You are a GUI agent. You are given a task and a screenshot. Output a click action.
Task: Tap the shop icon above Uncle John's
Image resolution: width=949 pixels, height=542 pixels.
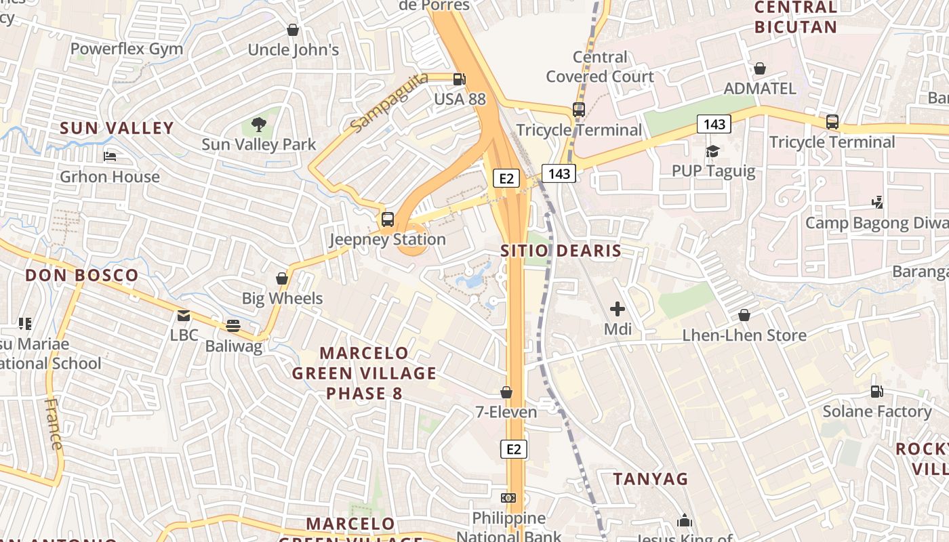293,30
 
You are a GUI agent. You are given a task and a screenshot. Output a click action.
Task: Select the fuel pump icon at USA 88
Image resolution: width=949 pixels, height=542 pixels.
460,79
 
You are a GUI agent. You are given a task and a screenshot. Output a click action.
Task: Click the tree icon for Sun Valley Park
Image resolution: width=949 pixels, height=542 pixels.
258,124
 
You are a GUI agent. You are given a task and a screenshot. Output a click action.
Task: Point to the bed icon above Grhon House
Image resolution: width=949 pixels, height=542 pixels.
110,157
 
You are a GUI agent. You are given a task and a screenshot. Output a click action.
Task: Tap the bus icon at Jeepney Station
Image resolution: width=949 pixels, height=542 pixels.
388,219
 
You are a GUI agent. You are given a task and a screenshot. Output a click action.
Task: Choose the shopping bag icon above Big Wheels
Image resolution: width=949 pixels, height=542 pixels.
282,278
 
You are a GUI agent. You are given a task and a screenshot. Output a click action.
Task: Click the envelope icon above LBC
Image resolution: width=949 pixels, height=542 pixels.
184,315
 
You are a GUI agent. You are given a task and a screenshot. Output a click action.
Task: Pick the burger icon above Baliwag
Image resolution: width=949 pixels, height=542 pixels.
233,326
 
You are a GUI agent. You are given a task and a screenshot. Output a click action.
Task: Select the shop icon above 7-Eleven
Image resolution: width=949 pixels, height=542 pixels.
506,392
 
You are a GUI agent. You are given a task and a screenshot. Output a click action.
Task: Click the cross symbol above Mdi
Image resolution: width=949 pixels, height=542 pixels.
618,309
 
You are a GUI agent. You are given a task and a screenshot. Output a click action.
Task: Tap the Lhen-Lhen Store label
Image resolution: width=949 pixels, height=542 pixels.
744,335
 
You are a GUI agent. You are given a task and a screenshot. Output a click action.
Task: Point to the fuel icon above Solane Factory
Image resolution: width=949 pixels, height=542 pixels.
877,392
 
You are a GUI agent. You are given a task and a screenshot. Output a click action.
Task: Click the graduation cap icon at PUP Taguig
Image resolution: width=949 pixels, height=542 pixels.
713,150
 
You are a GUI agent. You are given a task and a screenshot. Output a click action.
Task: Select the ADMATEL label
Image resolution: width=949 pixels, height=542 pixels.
760,89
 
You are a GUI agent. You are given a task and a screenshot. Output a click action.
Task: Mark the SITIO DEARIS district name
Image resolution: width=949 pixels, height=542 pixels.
561,251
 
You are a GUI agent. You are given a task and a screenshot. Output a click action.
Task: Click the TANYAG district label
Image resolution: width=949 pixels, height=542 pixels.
651,479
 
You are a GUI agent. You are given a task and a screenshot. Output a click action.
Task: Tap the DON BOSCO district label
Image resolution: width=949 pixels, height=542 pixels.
82,276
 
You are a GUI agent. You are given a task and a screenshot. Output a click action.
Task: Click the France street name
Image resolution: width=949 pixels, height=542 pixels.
53,424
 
